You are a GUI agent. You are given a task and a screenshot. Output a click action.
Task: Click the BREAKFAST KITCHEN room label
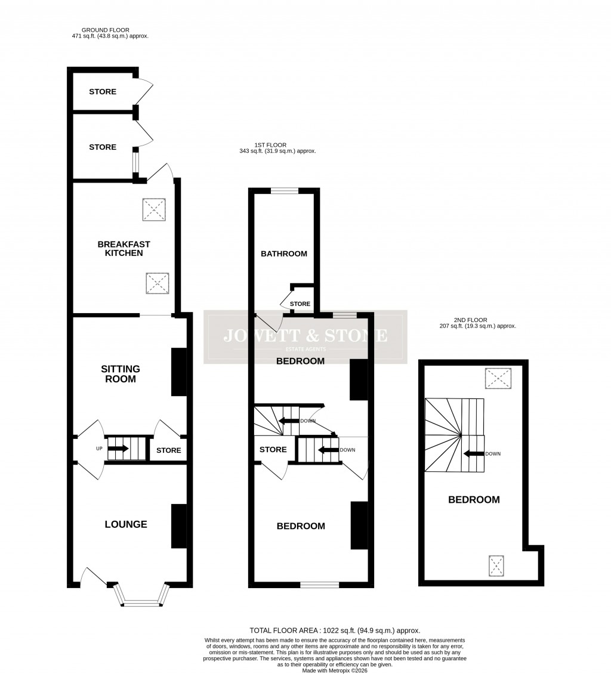pyautogui.click(x=124, y=249)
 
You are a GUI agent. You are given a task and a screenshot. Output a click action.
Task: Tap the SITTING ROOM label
pyautogui.click(x=120, y=374)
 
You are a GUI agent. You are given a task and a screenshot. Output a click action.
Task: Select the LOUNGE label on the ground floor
pyautogui.click(x=126, y=524)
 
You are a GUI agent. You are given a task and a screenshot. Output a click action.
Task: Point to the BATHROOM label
pyautogui.click(x=284, y=253)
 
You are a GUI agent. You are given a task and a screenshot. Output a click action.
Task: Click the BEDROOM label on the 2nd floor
pyautogui.click(x=474, y=500)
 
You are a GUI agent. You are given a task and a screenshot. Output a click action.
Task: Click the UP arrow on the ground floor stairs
pyautogui.click(x=118, y=449)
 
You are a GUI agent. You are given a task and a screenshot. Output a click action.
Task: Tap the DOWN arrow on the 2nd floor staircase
pyautogui.click(x=474, y=454)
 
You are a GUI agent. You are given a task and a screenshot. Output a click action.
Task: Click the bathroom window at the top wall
pyautogui.click(x=285, y=191)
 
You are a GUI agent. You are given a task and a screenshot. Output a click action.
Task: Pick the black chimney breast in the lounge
pyautogui.click(x=178, y=526)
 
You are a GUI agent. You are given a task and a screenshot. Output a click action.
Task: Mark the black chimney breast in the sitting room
pyautogui.click(x=178, y=372)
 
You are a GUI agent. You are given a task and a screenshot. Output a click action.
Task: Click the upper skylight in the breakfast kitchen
pyautogui.click(x=154, y=209)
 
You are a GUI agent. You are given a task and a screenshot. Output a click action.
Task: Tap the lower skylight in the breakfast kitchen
pyautogui.click(x=158, y=283)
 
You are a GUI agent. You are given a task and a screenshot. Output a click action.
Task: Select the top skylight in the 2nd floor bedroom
pyautogui.click(x=498, y=378)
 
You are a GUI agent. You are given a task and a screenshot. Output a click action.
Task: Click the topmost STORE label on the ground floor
pyautogui.click(x=103, y=92)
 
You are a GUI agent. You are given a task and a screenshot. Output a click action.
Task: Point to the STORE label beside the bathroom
pyautogui.click(x=300, y=304)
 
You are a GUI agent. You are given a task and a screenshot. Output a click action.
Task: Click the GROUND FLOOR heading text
pyautogui.click(x=106, y=30)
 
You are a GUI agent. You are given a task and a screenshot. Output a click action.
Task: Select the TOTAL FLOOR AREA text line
pyautogui.click(x=335, y=630)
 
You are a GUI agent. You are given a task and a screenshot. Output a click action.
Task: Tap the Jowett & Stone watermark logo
pyautogui.click(x=305, y=336)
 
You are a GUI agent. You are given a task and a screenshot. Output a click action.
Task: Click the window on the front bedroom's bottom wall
pyautogui.click(x=319, y=585)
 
